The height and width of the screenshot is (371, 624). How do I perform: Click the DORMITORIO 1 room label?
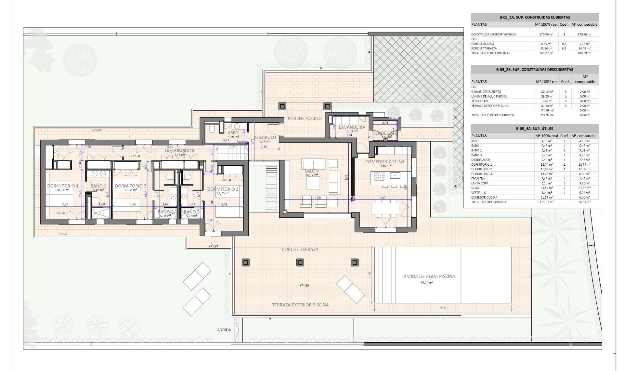click(x=63, y=186)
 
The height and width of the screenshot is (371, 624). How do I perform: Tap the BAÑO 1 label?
click(x=98, y=186)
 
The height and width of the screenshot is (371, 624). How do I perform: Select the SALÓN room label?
click(x=311, y=171)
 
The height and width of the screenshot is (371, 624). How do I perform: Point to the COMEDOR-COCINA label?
click(x=385, y=161)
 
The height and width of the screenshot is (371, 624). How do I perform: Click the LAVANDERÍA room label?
click(x=352, y=127)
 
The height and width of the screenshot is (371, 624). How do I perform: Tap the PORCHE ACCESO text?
click(x=305, y=118)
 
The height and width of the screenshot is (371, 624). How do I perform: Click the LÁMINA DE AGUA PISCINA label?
click(x=428, y=276)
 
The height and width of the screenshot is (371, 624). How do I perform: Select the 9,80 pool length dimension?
click(x=443, y=308)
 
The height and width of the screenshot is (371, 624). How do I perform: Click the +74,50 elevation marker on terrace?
click(x=304, y=285)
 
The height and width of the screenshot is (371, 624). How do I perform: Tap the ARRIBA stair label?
click(x=224, y=330)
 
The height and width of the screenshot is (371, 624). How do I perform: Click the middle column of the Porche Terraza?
click(x=300, y=262)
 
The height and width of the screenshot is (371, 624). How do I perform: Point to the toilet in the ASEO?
click(x=212, y=129)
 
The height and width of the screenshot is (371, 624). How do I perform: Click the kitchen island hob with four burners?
click(x=380, y=176)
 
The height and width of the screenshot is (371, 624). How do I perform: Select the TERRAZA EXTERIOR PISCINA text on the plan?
click(x=300, y=305)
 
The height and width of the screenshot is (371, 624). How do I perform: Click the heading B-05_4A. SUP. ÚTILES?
click(x=534, y=129)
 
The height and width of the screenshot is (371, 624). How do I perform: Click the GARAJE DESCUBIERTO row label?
click(x=486, y=92)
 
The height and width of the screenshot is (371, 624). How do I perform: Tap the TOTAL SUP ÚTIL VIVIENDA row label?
click(x=488, y=202)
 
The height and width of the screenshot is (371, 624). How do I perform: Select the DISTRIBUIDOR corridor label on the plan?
click(x=179, y=151)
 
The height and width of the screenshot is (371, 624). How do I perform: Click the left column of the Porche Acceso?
click(x=282, y=106)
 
